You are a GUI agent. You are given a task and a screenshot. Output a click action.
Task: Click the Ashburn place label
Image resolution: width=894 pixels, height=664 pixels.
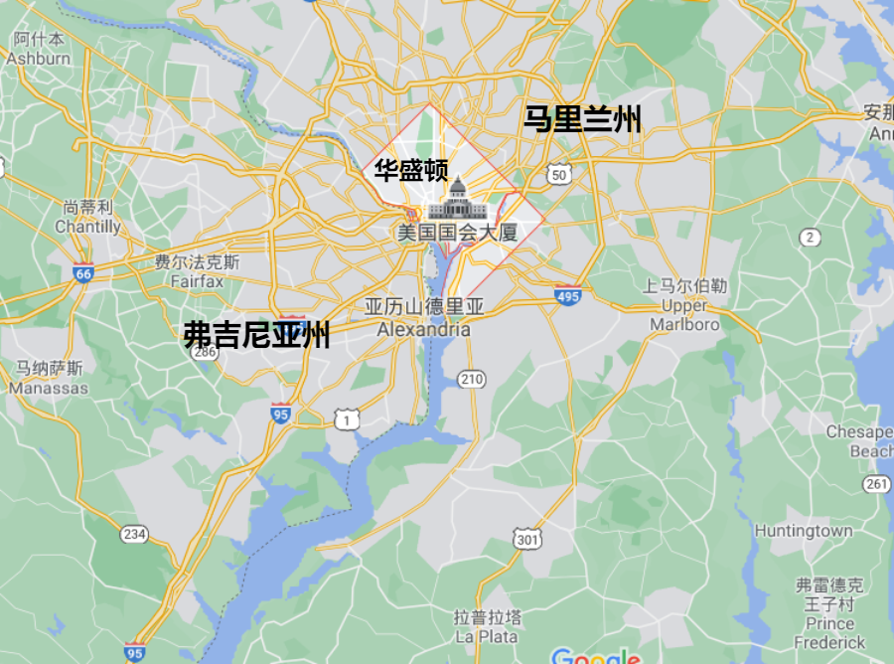click(x=39, y=49)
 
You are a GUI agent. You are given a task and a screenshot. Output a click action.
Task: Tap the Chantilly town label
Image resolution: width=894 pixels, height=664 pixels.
click(x=88, y=217)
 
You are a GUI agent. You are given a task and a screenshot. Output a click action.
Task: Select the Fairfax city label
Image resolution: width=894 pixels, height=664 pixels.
click(x=197, y=271)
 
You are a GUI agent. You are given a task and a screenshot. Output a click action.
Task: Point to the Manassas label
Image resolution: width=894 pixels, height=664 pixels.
click(x=49, y=378)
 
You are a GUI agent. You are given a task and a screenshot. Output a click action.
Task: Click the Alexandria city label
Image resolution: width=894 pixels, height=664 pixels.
click(x=424, y=318)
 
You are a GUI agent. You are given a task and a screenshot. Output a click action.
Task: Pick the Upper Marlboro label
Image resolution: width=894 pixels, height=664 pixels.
click(x=684, y=305)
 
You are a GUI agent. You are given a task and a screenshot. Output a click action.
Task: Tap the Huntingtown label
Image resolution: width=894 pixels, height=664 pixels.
click(x=803, y=531)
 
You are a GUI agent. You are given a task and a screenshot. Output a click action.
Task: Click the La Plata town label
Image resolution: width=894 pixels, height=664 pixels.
click(x=487, y=626)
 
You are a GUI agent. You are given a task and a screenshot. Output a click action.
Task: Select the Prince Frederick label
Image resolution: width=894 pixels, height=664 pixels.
click(x=830, y=613)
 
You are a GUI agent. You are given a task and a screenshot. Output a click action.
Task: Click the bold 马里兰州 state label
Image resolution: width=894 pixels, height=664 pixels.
click(x=583, y=120)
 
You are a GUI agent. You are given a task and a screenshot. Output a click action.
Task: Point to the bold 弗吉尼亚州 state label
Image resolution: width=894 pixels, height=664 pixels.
click(x=256, y=335)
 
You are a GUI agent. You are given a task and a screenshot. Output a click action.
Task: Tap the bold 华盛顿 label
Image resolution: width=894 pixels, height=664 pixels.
click(x=410, y=171)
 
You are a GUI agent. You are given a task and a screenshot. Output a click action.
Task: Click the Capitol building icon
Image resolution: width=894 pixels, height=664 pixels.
click(x=457, y=199)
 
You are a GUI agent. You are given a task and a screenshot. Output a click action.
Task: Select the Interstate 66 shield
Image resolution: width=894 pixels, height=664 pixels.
click(x=83, y=272)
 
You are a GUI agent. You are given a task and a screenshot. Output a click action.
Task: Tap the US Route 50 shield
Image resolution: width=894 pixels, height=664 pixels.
click(x=559, y=175)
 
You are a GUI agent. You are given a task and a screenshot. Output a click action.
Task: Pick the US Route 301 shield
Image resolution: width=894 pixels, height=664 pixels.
click(x=527, y=539)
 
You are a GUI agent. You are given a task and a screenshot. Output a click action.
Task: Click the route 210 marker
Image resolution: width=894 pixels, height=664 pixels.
click(x=472, y=378)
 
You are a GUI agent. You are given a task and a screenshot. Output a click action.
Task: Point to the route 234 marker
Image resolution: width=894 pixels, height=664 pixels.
click(x=134, y=535)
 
